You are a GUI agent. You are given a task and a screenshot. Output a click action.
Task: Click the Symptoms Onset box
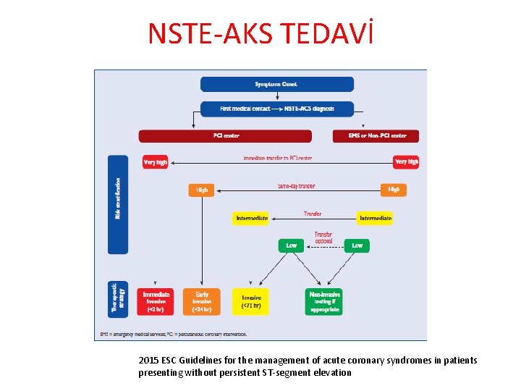276,84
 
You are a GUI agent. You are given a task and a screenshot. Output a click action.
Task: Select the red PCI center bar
225,136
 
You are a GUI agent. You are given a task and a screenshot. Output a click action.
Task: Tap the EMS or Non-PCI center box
376,136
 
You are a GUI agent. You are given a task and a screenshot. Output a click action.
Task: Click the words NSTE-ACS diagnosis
309,109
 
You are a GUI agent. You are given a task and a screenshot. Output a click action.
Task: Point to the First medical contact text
245,109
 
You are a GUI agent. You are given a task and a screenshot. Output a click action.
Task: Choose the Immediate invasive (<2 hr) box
156,301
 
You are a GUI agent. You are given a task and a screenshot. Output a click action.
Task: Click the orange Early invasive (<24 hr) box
202,301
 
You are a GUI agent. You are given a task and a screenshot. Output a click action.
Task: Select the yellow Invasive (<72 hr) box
251,301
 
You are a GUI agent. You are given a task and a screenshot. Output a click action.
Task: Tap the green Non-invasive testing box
324,301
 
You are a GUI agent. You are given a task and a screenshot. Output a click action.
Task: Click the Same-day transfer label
296,186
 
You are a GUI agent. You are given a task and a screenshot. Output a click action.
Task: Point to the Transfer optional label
323,238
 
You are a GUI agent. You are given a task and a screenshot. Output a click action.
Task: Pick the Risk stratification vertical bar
118,204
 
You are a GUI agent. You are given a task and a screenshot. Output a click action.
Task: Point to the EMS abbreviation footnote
174,334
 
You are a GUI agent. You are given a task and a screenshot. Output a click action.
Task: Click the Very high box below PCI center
155,162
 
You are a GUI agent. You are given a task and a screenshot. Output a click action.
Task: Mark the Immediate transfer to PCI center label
278,158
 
